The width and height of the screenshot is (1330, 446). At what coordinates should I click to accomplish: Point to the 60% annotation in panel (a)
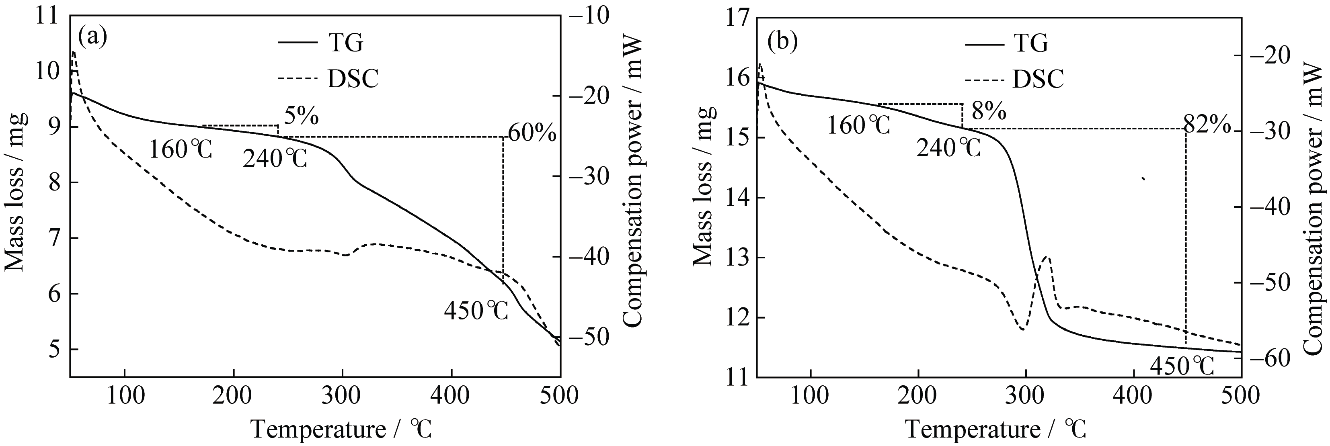[x=532, y=134]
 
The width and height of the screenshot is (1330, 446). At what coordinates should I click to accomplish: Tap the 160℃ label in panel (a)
[x=180, y=150]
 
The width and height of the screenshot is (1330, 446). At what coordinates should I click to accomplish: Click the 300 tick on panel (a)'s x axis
[x=342, y=396]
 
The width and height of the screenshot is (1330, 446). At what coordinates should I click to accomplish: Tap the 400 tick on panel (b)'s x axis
[x=1133, y=396]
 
